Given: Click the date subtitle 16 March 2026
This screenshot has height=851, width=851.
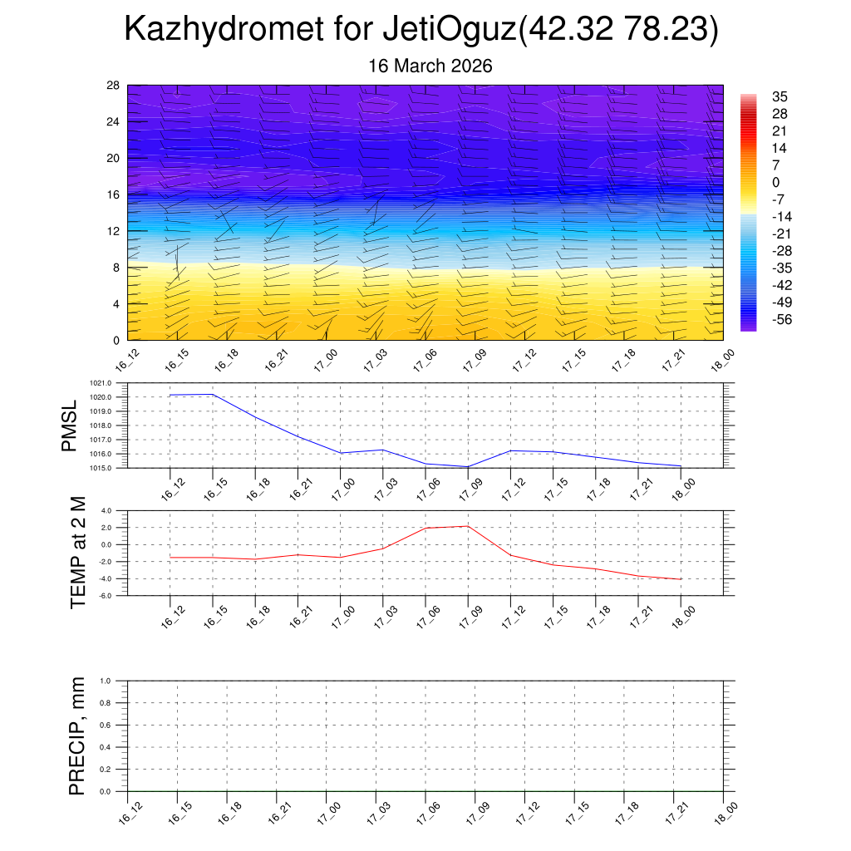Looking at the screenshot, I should pos(430,66).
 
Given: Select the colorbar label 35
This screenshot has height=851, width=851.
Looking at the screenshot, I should pos(780,96).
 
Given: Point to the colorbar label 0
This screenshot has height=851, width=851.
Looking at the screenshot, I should pos(776,182).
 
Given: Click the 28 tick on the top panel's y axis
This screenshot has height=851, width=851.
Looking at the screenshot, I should pos(114,86).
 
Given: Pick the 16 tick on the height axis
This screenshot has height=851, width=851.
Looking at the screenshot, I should pos(114,194).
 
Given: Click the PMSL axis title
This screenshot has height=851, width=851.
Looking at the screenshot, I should pos(71,425).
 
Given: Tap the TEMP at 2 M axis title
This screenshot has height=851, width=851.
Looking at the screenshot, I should pos(79,553).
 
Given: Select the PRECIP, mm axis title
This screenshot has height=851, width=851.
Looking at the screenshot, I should pos(77,735).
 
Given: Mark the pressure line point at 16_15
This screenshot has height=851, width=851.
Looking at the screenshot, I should pos(213,394).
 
